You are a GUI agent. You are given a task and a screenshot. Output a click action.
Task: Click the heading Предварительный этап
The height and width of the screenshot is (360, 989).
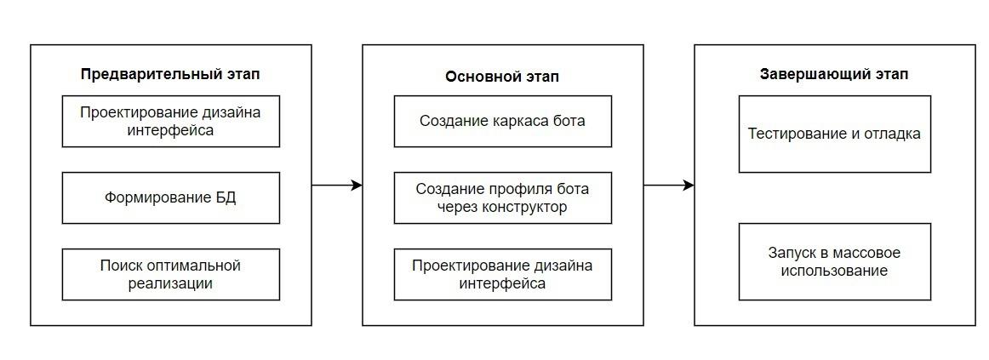170,74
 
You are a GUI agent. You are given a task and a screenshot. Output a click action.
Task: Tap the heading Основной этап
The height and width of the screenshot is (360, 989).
502,77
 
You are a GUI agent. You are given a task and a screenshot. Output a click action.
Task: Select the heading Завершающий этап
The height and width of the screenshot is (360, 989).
834,74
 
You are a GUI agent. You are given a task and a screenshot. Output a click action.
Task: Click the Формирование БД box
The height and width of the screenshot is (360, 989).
171,197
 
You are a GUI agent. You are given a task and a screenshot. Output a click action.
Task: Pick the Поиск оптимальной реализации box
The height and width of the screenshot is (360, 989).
171,274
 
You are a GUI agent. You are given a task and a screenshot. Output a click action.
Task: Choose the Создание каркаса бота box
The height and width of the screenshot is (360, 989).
503,121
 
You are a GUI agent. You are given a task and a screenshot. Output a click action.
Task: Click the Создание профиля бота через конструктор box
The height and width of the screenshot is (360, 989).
503,197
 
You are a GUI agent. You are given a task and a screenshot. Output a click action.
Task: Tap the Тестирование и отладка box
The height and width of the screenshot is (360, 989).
834,134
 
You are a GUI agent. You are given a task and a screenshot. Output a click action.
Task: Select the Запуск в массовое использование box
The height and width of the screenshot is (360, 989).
834,261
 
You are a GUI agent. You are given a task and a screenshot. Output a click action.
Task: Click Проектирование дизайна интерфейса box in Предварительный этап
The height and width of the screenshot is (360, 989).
171,121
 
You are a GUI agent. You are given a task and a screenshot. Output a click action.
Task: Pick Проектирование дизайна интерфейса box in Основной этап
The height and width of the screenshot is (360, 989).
503,274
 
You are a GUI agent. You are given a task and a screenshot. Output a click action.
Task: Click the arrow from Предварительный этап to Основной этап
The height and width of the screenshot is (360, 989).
337,186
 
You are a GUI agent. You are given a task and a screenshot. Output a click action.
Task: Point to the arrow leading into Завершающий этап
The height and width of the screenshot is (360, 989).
669,186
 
